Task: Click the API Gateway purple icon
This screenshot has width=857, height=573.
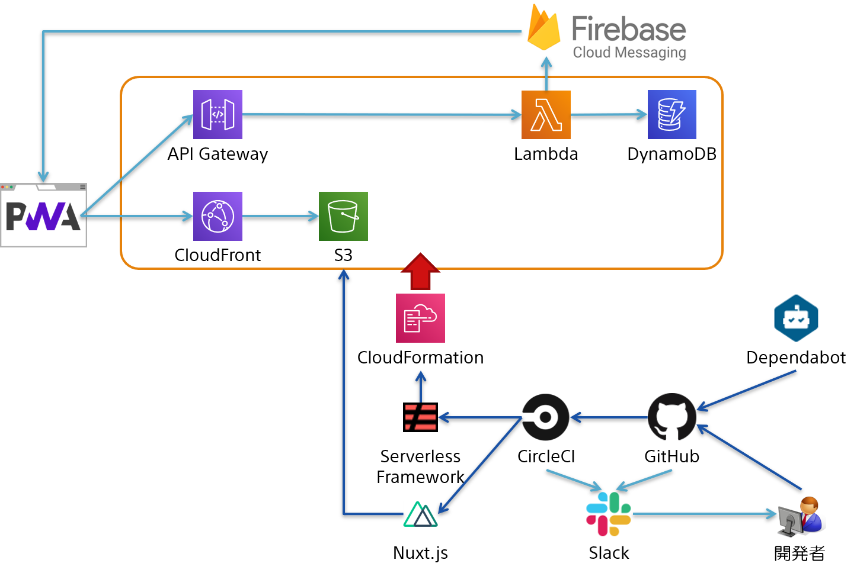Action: click(218, 114)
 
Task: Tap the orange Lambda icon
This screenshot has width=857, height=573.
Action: click(546, 114)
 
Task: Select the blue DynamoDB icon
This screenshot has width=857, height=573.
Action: click(671, 114)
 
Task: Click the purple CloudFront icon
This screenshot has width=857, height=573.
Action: click(218, 216)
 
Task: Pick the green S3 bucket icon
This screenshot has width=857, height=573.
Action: click(343, 216)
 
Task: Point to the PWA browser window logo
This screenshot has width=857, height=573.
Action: click(43, 216)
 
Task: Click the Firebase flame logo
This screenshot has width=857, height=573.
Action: click(543, 30)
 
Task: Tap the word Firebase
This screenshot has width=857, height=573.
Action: click(628, 28)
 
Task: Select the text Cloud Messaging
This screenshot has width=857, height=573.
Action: click(629, 53)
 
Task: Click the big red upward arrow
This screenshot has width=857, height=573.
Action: click(420, 272)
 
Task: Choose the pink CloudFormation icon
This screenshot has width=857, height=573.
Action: click(420, 318)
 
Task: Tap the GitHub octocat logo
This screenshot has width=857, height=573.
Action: click(671, 417)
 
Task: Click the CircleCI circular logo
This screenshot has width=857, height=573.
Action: click(545, 417)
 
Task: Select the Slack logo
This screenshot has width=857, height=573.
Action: click(609, 513)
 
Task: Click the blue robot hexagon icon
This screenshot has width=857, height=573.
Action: click(796, 318)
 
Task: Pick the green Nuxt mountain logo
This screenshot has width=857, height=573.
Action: click(420, 514)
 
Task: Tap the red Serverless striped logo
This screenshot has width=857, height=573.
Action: click(421, 417)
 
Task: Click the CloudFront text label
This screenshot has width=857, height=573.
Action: click(218, 255)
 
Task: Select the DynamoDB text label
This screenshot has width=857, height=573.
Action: click(671, 154)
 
